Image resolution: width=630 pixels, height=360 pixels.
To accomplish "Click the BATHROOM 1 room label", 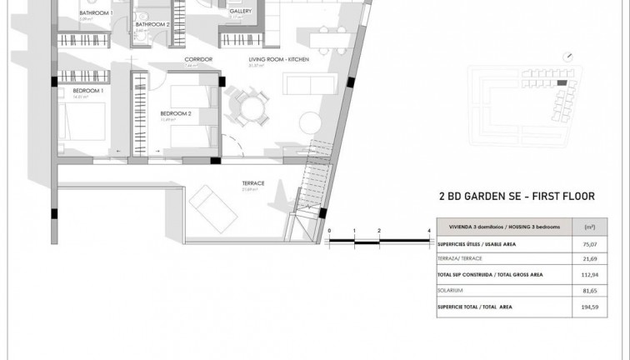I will pos(96,13).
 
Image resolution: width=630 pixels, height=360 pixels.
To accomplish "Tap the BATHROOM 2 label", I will pos(153,24).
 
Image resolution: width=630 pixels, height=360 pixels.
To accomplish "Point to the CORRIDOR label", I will pos(199,60).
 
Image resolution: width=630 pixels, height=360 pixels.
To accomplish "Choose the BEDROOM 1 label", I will pos(87,89).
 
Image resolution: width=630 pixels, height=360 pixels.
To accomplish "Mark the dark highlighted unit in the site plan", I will pos(562,83).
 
